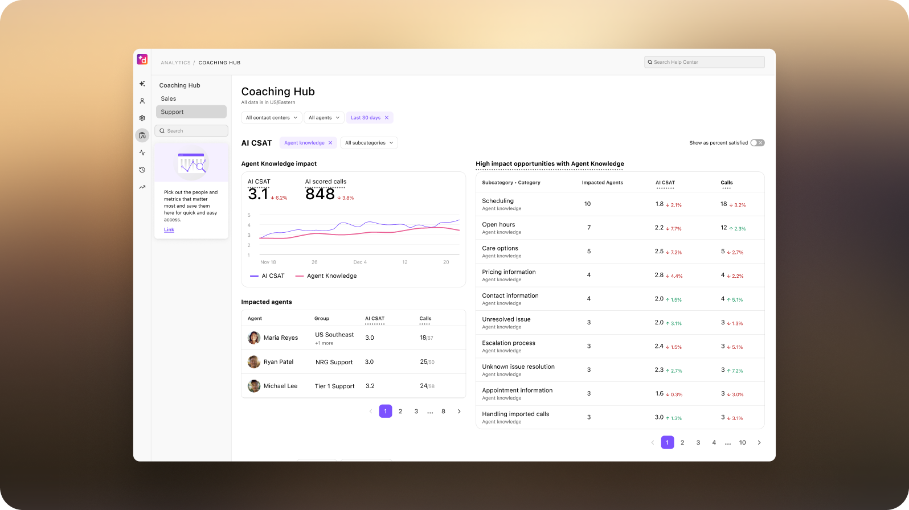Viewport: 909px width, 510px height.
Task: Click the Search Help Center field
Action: click(x=706, y=62)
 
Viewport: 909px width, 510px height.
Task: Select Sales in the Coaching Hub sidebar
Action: click(x=169, y=98)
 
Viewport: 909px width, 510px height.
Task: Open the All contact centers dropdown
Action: click(x=271, y=118)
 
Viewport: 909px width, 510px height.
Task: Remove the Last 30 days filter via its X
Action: click(x=387, y=118)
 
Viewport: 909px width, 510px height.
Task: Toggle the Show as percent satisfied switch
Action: click(x=757, y=143)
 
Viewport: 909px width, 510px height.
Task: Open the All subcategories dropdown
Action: click(x=368, y=143)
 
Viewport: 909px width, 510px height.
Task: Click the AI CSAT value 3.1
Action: click(x=257, y=194)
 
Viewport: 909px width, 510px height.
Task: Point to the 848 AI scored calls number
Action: click(x=320, y=194)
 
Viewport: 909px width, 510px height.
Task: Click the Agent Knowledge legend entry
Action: click(x=331, y=276)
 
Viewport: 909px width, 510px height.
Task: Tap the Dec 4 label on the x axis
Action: click(x=360, y=262)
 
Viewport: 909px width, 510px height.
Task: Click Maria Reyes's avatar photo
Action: click(x=254, y=338)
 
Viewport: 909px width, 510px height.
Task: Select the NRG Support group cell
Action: click(x=334, y=362)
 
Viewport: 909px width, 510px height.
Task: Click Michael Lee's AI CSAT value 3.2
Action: click(x=370, y=386)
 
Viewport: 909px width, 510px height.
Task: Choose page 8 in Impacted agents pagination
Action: click(x=443, y=411)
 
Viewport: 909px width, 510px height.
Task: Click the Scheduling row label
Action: click(x=498, y=201)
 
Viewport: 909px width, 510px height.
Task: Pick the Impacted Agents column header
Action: click(x=602, y=183)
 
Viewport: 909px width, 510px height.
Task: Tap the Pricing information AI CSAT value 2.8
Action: click(x=659, y=275)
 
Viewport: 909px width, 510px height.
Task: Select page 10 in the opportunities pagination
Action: click(x=742, y=442)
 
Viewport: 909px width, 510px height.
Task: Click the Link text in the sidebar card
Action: click(x=169, y=230)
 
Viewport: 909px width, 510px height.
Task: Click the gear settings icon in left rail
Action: click(x=142, y=118)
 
